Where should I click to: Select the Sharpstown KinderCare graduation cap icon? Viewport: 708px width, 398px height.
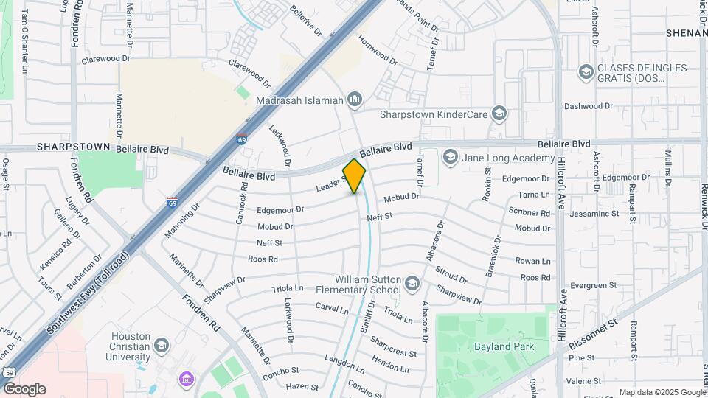click(500, 114)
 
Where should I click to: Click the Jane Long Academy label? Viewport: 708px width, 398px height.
click(507, 158)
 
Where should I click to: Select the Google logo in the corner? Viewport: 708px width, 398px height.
click(24, 388)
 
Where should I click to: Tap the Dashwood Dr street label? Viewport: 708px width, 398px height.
click(588, 106)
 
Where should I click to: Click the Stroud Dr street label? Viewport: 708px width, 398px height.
click(451, 275)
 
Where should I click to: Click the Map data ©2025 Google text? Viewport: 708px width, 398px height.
click(662, 392)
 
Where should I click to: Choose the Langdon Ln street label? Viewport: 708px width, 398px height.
click(341, 361)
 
